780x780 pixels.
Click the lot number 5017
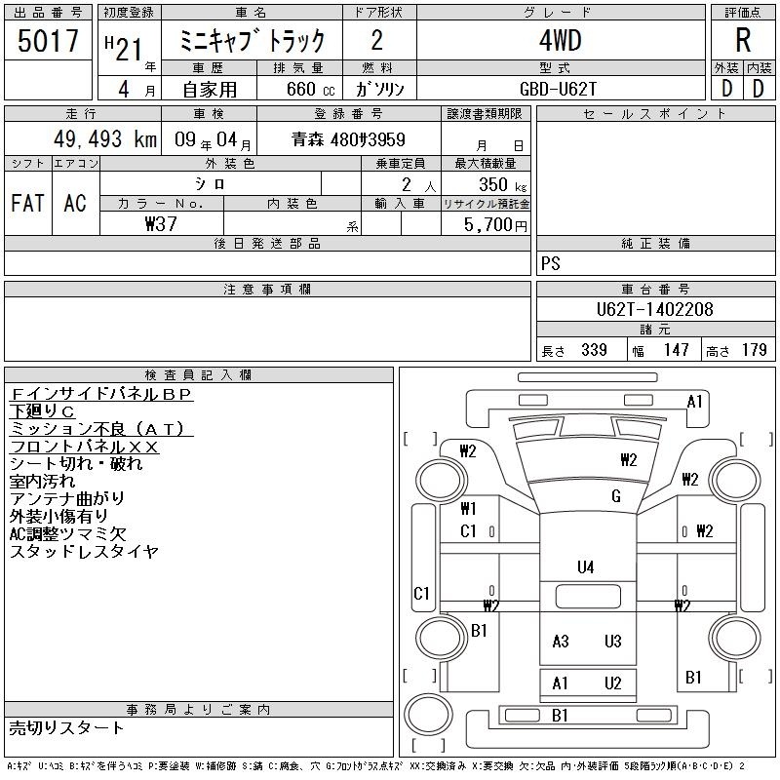click(x=48, y=41)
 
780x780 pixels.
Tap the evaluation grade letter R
click(x=743, y=40)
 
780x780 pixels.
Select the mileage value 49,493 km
click(x=105, y=139)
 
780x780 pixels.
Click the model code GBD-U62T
click(x=558, y=89)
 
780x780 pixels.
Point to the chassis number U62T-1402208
click(x=654, y=309)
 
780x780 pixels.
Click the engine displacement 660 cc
click(x=310, y=89)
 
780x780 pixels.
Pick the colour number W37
click(x=161, y=224)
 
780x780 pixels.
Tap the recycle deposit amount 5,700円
click(x=495, y=225)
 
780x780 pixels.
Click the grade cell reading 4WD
click(x=560, y=40)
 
